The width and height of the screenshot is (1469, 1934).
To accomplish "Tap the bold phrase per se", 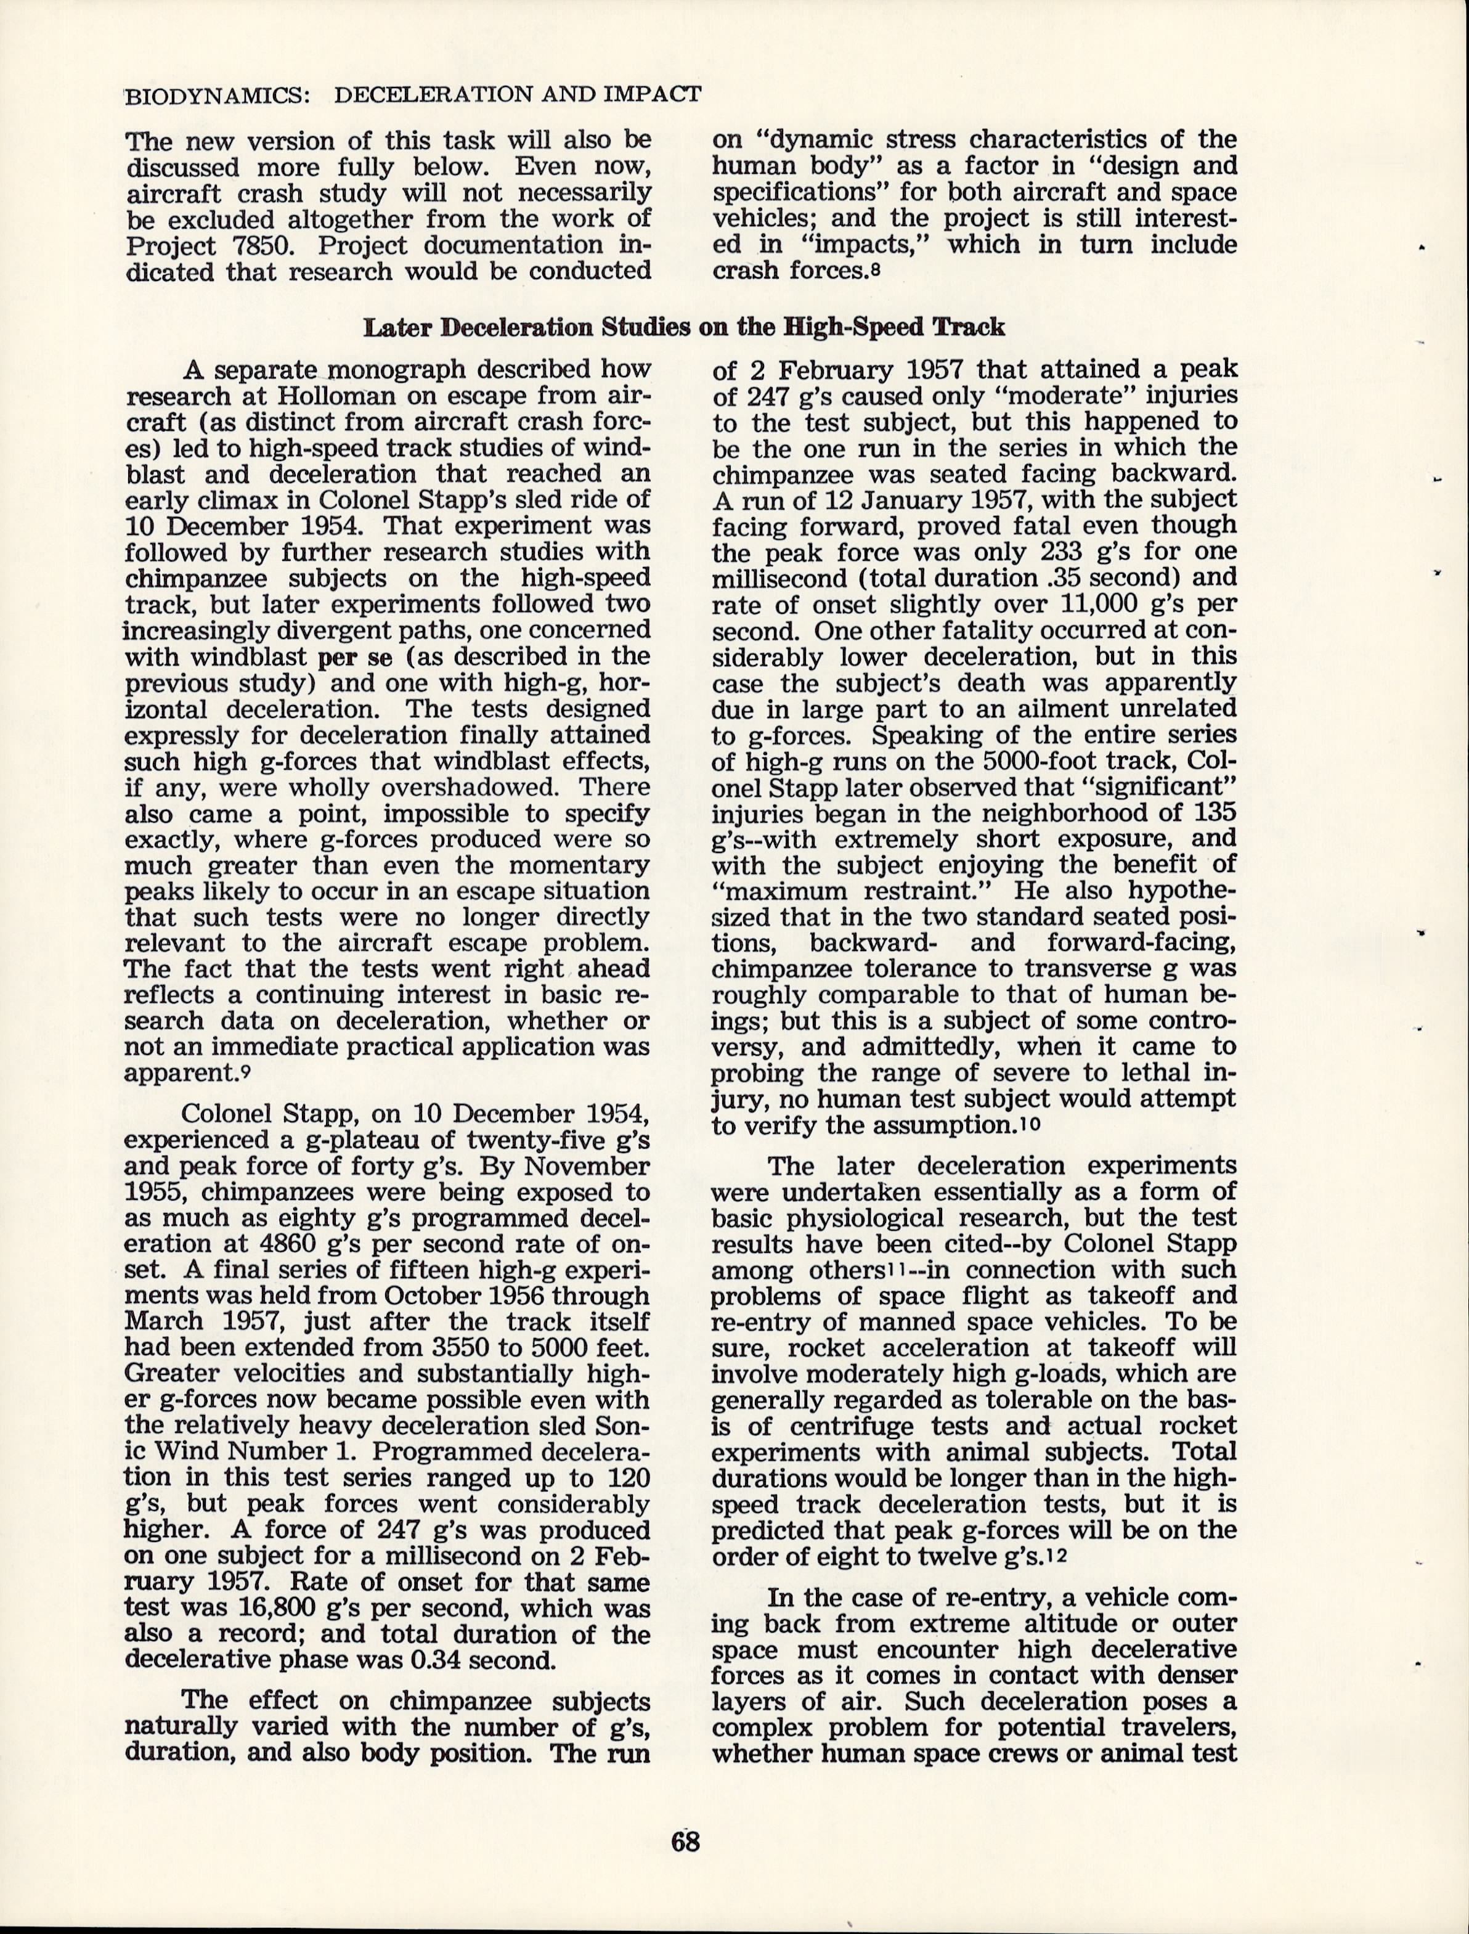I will (x=346, y=656).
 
